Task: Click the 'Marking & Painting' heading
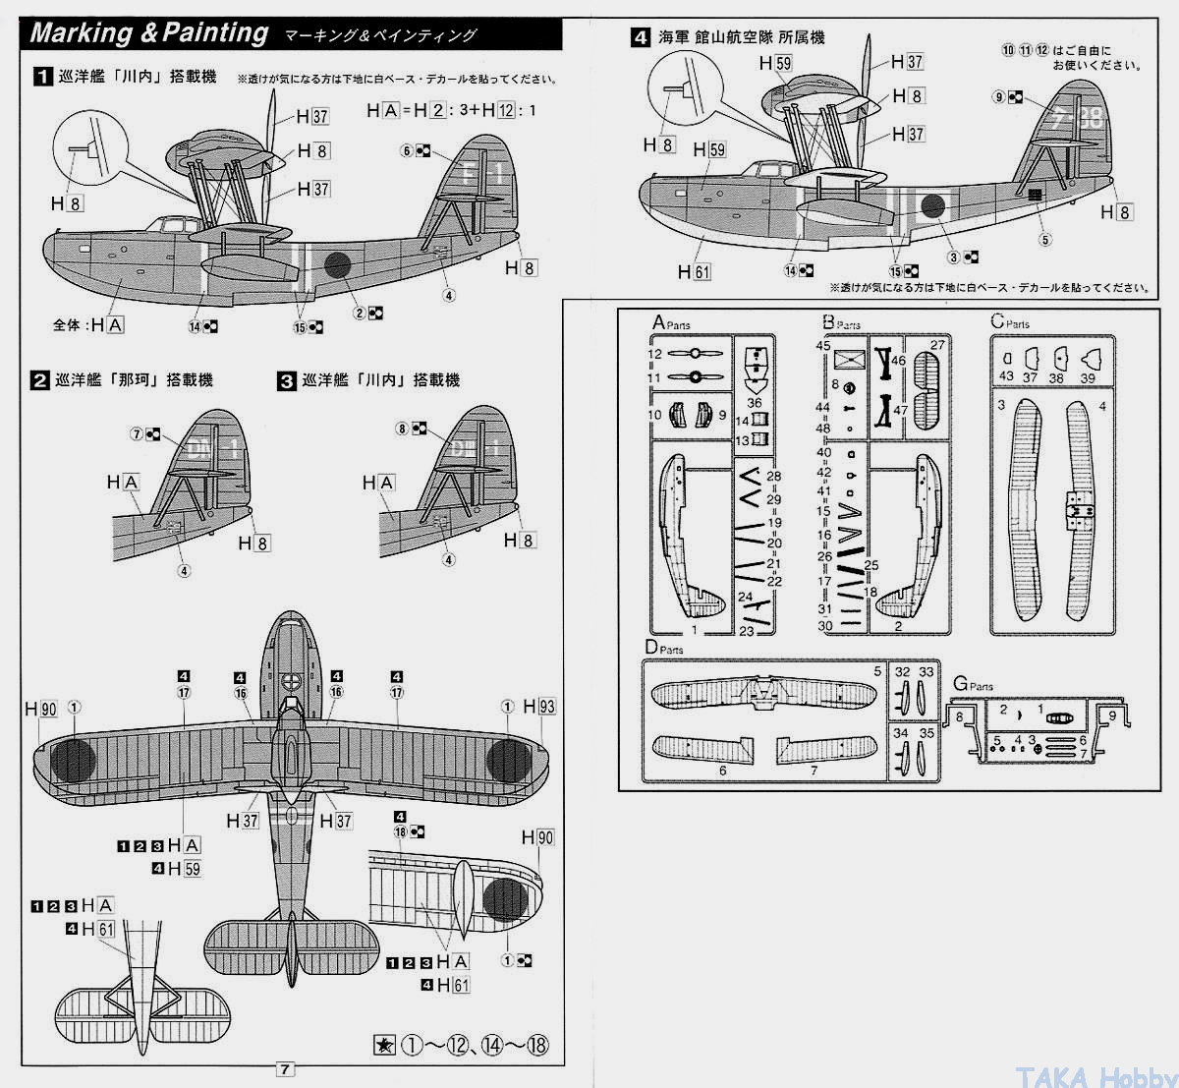tap(149, 32)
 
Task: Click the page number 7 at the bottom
tap(285, 1068)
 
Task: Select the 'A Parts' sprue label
tap(671, 323)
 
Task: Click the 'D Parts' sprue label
tap(664, 647)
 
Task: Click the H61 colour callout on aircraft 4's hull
tap(694, 271)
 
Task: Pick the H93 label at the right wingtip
tap(539, 707)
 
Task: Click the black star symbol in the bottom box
tap(385, 1046)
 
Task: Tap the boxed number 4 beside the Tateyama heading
tap(641, 38)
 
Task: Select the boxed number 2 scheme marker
tap(40, 380)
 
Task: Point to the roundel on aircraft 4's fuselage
tap(931, 207)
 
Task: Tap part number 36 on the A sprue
tap(754, 403)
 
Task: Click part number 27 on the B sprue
tap(937, 345)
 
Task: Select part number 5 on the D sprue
tap(877, 671)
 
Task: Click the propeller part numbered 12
tap(655, 354)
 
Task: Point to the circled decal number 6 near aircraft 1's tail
tap(406, 150)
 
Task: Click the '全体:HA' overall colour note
tap(89, 324)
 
